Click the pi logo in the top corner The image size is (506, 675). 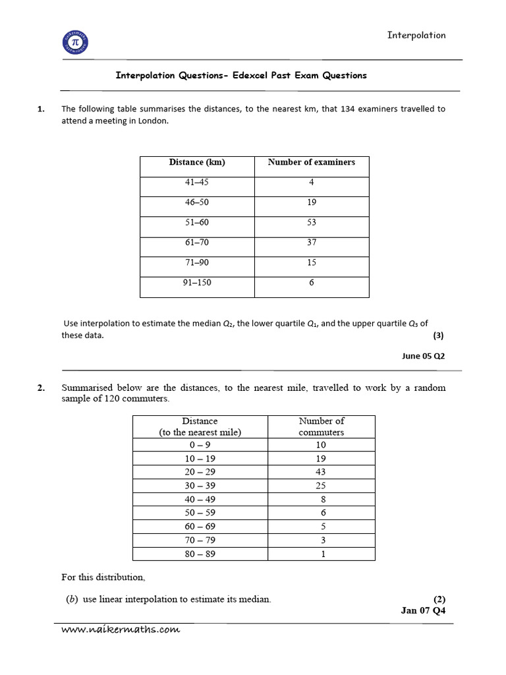(74, 44)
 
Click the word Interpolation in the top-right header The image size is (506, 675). (416, 36)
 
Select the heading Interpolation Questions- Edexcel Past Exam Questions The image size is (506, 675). (241, 75)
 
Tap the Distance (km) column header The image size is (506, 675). (197, 162)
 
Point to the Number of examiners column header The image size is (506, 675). (312, 162)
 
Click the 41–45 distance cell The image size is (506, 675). (197, 183)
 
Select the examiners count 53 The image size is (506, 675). (312, 223)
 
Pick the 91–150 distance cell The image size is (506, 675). (197, 283)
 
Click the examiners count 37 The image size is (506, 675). (312, 243)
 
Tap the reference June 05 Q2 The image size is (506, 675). (424, 356)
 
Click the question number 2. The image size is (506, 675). (41, 388)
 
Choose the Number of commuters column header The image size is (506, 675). (321, 426)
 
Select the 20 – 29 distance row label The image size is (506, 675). (200, 472)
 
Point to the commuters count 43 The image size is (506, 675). (321, 472)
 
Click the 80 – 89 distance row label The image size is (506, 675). (200, 554)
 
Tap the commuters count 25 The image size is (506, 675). (321, 486)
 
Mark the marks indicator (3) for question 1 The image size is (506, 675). (438, 335)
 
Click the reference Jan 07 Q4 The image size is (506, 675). (423, 610)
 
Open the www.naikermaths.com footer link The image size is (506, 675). (121, 630)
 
